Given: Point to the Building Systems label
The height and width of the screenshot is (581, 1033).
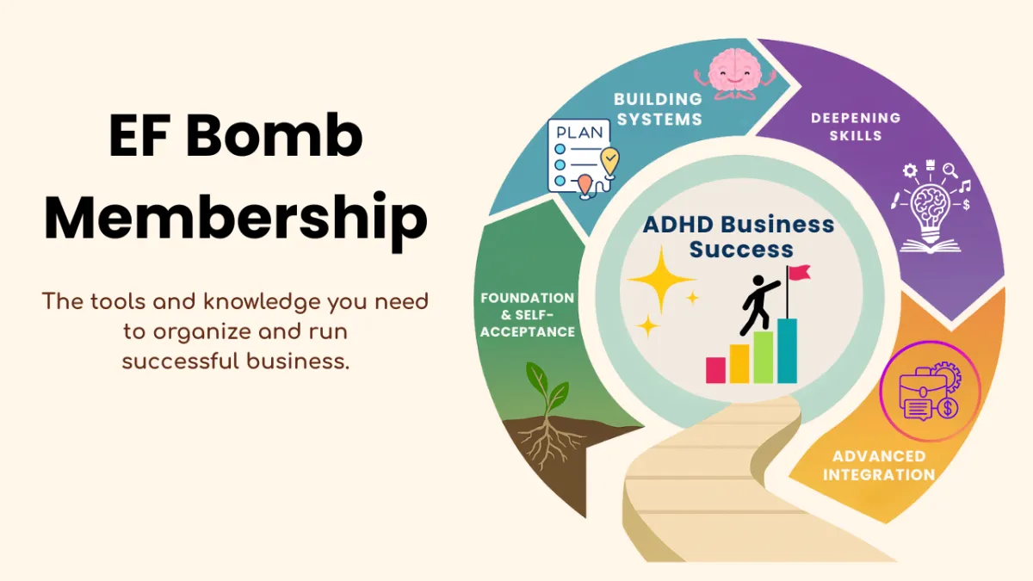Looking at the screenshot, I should [658, 110].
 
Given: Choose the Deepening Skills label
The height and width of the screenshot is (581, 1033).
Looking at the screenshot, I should [856, 126].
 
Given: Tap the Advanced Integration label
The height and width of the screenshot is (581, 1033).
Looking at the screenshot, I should [879, 465].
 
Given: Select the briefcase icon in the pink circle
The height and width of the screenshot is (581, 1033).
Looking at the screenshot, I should [929, 391].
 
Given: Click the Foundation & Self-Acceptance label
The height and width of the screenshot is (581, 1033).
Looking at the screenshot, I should [528, 314].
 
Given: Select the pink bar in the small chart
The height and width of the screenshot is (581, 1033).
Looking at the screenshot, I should [715, 369].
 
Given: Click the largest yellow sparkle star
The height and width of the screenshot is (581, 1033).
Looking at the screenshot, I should [661, 280].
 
